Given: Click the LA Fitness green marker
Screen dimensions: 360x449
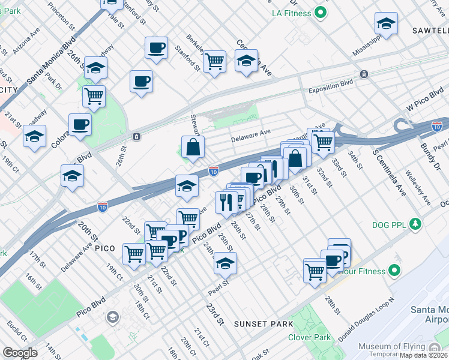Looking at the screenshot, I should pos(321,11).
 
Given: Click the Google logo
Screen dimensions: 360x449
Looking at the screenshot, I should pos(20,353).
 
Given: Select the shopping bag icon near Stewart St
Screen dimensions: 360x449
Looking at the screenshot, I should pos(193,148).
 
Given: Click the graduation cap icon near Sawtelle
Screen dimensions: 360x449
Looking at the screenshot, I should pos(386,25).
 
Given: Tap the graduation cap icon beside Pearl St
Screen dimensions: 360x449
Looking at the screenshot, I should pos(225,263).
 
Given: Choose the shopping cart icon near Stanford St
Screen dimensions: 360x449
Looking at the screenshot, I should pos(214,61).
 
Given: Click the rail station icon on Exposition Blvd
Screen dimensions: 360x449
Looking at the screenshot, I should pos(363,74).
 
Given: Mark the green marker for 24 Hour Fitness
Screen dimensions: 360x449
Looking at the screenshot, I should pos(394,271).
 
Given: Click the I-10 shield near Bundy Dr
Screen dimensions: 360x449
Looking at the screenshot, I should pos(437,126).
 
